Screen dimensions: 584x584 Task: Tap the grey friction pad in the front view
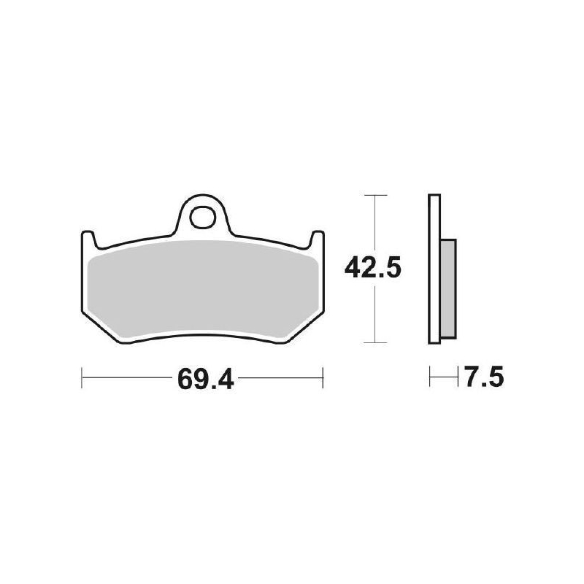click(x=201, y=288)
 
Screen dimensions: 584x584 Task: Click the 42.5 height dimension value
click(x=374, y=269)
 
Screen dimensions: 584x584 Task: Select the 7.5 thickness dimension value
click(x=482, y=378)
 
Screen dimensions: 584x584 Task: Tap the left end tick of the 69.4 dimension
click(x=81, y=378)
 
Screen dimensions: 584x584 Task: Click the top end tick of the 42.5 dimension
click(x=374, y=195)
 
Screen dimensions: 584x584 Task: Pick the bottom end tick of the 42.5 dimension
click(x=374, y=342)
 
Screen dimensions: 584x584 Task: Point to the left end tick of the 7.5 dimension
click(x=430, y=378)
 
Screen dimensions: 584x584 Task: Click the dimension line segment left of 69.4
click(x=124, y=378)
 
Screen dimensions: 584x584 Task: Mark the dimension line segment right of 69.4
click(x=281, y=378)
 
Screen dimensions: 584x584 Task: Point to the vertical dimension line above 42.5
click(x=374, y=223)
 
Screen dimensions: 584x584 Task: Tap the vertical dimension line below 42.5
click(x=374, y=314)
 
